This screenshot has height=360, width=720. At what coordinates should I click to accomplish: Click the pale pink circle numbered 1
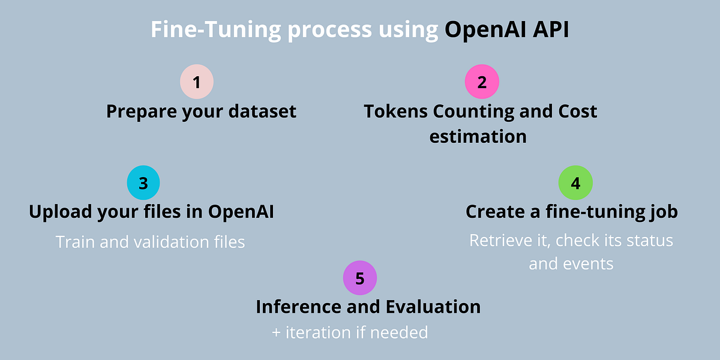197,82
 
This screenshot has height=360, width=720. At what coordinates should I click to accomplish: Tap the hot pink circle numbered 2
482,82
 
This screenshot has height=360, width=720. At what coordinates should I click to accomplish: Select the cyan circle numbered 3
143,182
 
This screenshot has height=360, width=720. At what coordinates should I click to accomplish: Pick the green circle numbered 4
575,182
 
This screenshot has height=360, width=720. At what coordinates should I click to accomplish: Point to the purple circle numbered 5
360,278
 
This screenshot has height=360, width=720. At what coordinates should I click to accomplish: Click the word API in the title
551,29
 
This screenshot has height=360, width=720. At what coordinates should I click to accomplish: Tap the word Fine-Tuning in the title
216,30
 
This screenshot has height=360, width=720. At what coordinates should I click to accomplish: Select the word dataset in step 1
262,112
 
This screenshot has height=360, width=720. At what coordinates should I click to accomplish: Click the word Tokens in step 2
395,112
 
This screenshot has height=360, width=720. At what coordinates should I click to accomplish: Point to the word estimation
478,137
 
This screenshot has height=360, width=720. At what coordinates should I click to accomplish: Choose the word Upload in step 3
60,212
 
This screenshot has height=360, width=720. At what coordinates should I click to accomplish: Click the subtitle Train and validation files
150,242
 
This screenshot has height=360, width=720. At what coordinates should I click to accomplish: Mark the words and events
571,264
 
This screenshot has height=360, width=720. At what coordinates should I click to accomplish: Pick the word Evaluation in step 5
433,307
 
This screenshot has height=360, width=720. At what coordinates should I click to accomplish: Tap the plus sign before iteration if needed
276,333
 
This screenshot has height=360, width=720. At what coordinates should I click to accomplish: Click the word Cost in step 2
578,112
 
